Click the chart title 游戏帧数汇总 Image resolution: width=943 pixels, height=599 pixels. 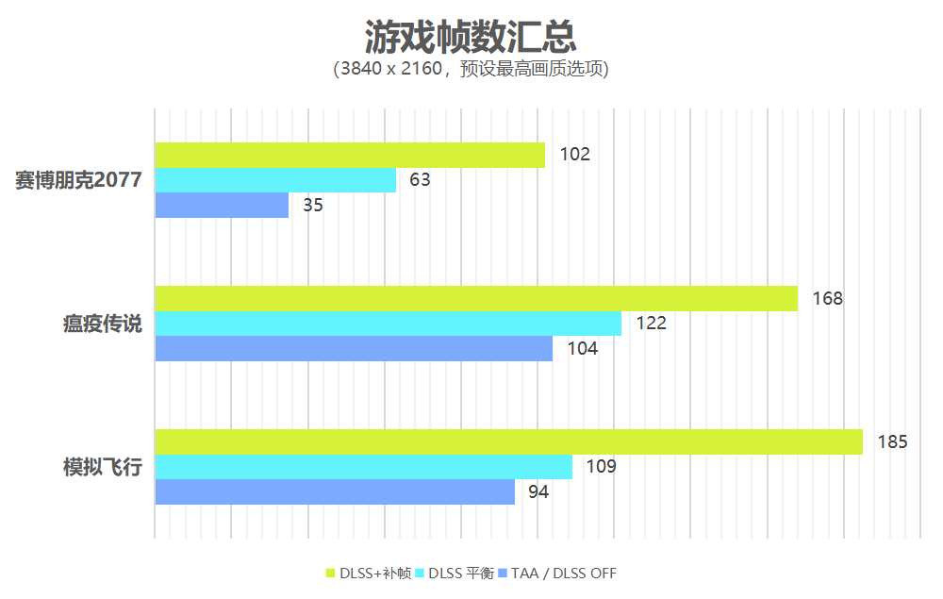[x=471, y=38]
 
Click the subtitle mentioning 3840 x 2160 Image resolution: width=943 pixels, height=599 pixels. [x=471, y=70]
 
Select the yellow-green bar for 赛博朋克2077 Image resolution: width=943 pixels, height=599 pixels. [x=350, y=155]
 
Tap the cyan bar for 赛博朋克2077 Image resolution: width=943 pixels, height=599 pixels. [x=275, y=180]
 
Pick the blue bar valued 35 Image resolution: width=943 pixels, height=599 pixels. [x=222, y=205]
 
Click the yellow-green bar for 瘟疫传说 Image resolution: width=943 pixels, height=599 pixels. [x=476, y=298]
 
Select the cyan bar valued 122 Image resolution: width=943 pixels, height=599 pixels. [x=389, y=324]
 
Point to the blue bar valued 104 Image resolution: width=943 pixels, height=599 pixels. [x=354, y=348]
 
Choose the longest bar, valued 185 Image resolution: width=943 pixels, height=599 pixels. [x=509, y=441]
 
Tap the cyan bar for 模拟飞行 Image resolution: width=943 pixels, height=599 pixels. [x=363, y=467]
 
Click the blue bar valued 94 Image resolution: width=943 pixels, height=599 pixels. [x=335, y=491]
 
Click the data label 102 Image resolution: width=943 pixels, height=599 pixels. [x=574, y=155]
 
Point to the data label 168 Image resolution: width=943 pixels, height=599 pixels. [x=827, y=299]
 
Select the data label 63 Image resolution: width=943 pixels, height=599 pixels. [x=420, y=180]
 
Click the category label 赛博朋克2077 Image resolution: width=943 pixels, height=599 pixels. [x=78, y=180]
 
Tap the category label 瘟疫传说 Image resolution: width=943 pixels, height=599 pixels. [x=103, y=324]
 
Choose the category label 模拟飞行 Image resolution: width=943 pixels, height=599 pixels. [x=103, y=467]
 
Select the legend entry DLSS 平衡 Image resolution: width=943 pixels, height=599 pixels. [x=461, y=574]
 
